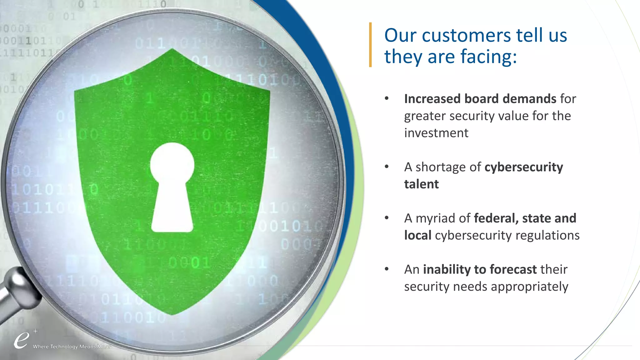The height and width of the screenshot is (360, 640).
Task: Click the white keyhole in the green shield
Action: [x=172, y=187]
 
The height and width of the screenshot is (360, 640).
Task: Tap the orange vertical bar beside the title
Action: [x=370, y=45]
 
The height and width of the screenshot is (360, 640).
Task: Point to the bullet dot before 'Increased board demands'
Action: [x=387, y=98]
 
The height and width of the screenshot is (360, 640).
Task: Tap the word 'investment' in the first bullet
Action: [x=436, y=133]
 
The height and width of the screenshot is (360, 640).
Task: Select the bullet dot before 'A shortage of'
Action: [x=387, y=167]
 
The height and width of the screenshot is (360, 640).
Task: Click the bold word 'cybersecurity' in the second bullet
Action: [x=523, y=167]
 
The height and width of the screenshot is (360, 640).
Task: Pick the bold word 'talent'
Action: [x=421, y=184]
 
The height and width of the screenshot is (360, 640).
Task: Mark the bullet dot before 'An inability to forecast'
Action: [x=387, y=269]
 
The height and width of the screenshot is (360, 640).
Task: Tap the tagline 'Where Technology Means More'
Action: [x=71, y=347]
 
